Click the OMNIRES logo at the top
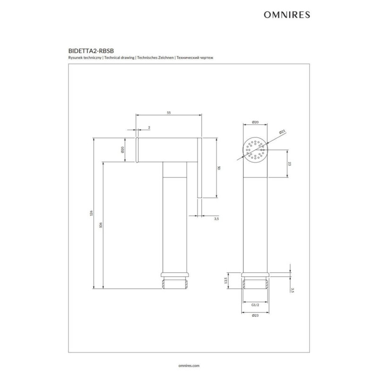click(x=287, y=15)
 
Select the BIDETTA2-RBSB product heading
click(x=91, y=51)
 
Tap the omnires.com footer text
click(x=189, y=365)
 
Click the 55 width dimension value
click(x=169, y=112)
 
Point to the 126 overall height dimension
click(x=91, y=213)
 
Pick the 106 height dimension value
click(x=101, y=225)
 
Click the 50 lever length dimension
click(x=219, y=168)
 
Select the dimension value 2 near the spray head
click(x=149, y=127)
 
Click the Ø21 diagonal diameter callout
click(x=282, y=132)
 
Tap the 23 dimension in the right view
click(x=290, y=164)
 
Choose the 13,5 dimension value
click(x=226, y=280)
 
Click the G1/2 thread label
click(x=255, y=305)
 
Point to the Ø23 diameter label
click(x=255, y=315)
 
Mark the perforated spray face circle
click(x=255, y=150)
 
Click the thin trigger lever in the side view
click(x=199, y=168)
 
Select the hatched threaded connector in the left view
click(x=174, y=283)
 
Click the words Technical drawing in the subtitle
click(x=120, y=58)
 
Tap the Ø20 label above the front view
click(x=255, y=122)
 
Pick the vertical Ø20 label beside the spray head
click(x=122, y=150)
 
